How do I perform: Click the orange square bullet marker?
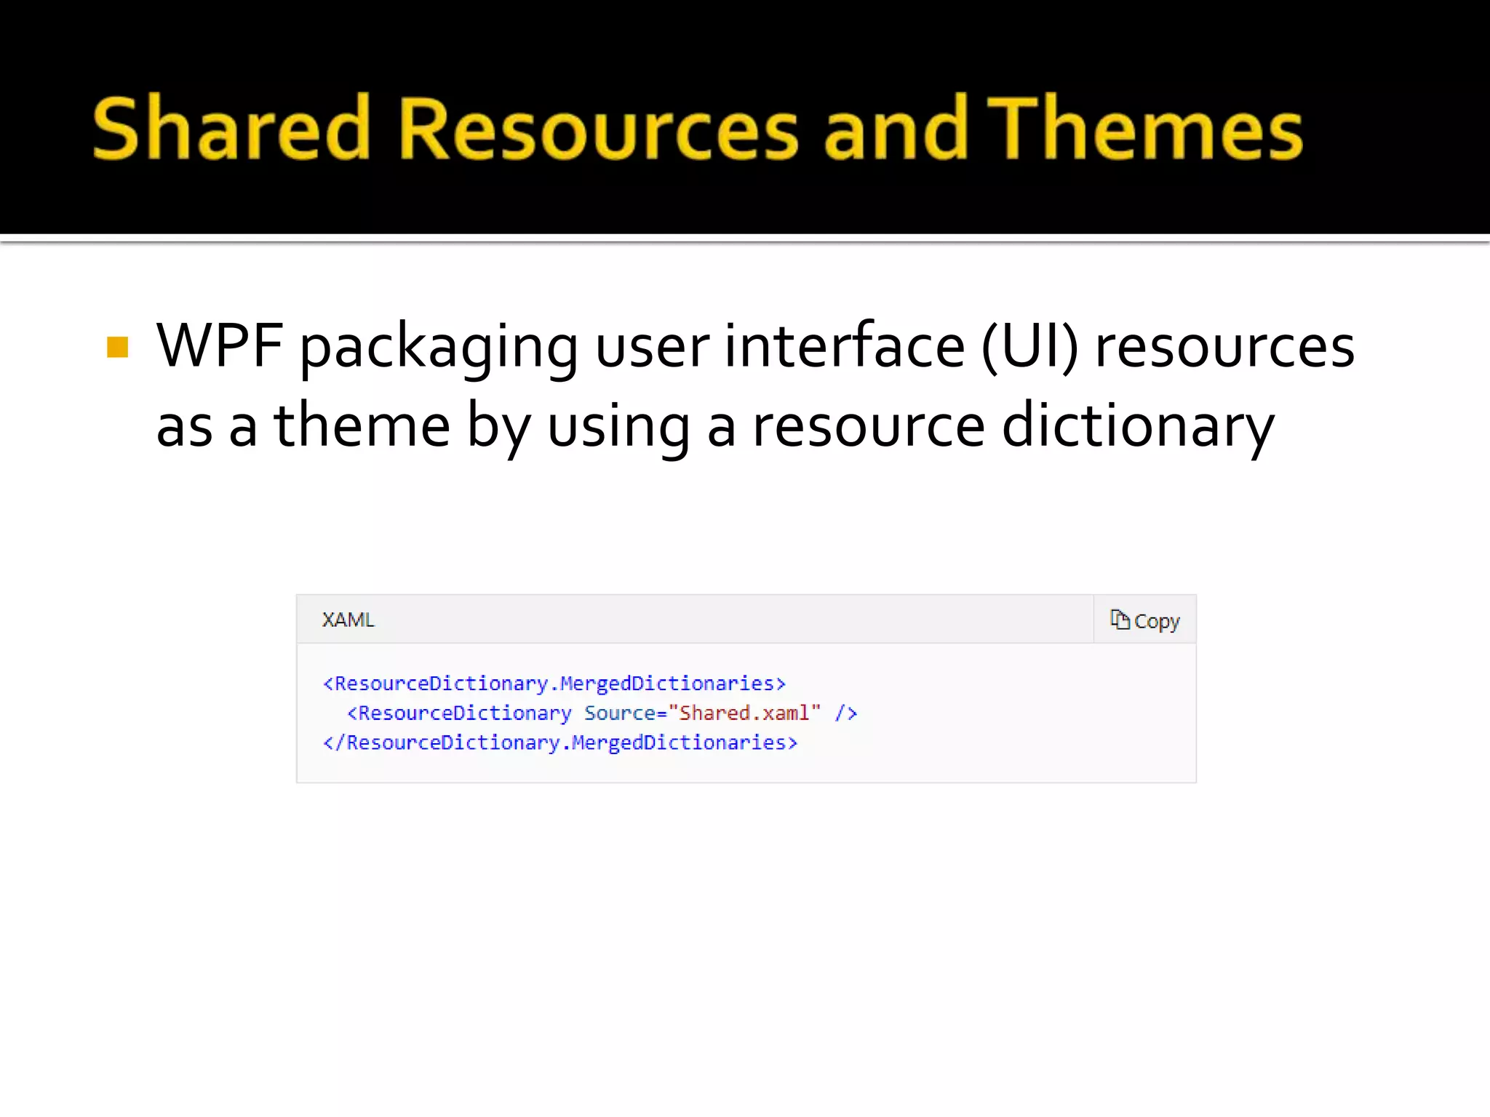coord(117,347)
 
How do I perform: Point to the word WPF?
coord(220,346)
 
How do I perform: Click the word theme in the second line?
coord(362,426)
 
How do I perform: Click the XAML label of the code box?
coord(348,620)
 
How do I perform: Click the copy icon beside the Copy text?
coord(1119,620)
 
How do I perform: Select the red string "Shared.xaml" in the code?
coord(749,713)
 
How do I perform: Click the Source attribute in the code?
coord(620,713)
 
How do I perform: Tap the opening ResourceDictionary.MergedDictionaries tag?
coord(554,684)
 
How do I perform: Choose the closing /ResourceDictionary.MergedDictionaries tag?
coord(560,742)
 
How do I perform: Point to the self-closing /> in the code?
coord(846,713)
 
